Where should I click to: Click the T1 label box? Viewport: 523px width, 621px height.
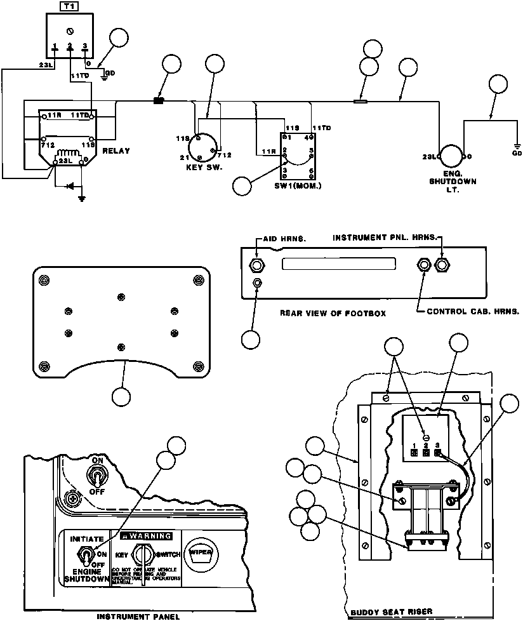point(68,6)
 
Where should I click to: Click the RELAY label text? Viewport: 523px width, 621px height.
point(116,151)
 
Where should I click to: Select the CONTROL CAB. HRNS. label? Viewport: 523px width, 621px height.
point(473,312)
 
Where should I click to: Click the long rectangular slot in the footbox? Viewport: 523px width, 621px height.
point(338,264)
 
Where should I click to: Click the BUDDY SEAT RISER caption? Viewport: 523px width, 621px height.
point(392,612)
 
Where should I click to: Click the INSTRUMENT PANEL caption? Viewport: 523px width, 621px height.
point(138,616)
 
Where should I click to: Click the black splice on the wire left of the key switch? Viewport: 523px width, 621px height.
point(159,100)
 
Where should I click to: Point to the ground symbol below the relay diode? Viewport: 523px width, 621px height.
point(81,197)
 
